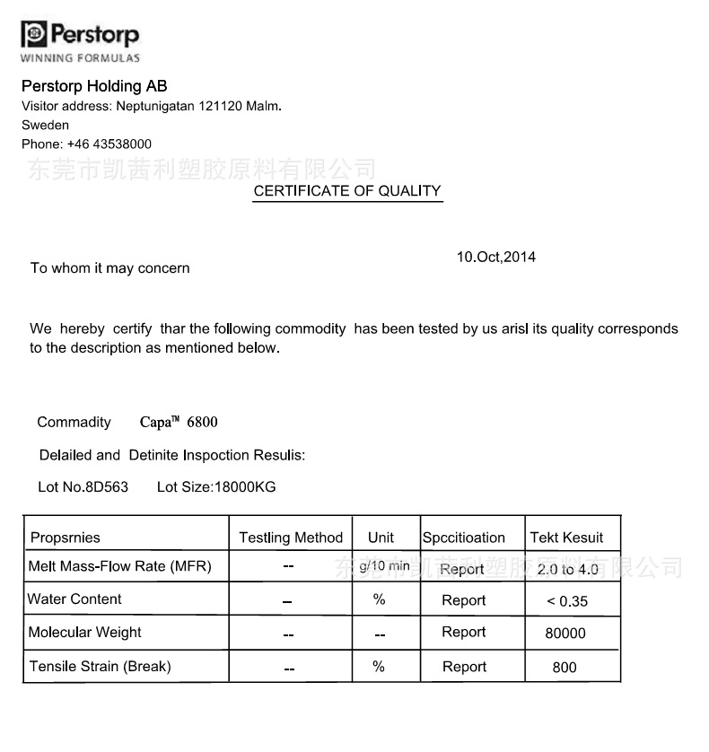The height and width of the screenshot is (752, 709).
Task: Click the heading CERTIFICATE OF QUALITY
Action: pos(347,190)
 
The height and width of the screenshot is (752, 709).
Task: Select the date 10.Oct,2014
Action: pos(495,257)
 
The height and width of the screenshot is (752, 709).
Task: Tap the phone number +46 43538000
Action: pos(109,144)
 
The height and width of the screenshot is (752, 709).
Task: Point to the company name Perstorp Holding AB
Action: pos(94,86)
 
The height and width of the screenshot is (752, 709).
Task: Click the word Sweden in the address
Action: pos(45,125)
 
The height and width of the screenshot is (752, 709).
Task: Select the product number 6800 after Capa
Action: pos(202,422)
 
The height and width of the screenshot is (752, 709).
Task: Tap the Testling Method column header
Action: pos(291,538)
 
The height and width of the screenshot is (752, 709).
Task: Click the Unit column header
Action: pos(381,538)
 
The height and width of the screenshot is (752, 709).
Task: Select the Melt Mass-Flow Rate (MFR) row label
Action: pos(119,566)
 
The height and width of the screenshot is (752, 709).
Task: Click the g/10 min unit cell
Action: pos(384,566)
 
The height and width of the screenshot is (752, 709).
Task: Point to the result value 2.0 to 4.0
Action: pos(567,570)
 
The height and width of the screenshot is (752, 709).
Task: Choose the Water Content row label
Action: pos(74,599)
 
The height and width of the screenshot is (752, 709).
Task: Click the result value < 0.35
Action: pos(567,601)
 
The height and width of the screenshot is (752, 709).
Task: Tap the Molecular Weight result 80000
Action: pos(565,634)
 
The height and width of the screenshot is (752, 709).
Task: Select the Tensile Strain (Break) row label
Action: pos(100,666)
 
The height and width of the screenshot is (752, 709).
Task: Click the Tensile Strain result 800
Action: pos(565,667)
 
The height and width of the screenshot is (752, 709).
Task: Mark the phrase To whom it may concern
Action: pos(110,267)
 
